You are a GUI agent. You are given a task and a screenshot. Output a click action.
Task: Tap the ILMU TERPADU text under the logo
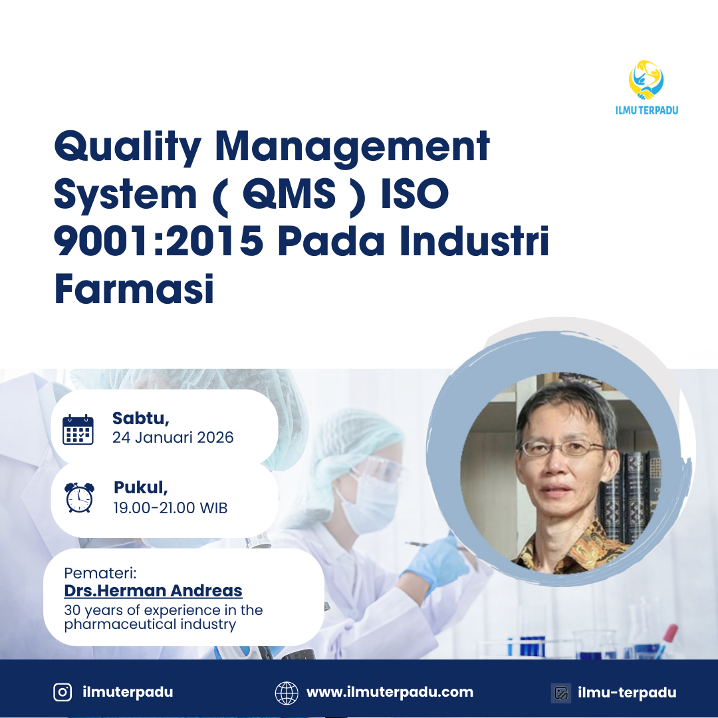(647, 110)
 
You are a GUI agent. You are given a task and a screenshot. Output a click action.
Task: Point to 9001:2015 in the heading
(158, 242)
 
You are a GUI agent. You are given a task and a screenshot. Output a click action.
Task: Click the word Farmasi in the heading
(134, 290)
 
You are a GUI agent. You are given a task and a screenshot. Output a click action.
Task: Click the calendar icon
(78, 429)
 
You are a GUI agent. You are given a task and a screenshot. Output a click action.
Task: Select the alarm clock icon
(79, 497)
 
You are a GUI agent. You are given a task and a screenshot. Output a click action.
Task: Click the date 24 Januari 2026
(173, 437)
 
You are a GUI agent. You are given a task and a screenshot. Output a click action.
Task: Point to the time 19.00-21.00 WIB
(170, 508)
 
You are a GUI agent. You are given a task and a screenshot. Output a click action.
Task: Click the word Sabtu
(140, 418)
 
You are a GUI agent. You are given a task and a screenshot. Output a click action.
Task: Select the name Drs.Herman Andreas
(153, 590)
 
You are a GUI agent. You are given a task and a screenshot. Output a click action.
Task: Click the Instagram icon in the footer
(62, 692)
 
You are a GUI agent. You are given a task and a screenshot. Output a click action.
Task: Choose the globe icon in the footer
(287, 693)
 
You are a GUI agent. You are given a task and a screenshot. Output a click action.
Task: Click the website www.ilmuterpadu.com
(390, 692)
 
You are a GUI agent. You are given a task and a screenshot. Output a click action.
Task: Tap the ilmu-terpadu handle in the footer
(627, 693)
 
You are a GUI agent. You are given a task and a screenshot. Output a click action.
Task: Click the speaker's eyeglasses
(562, 448)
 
